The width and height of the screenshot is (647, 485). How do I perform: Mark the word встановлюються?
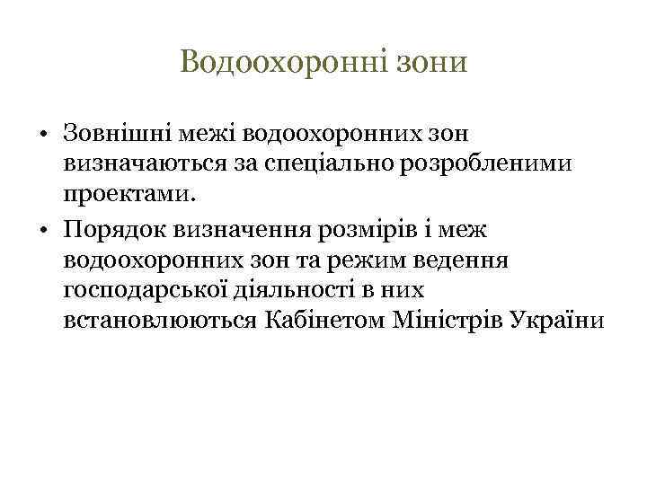pyautogui.click(x=162, y=320)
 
